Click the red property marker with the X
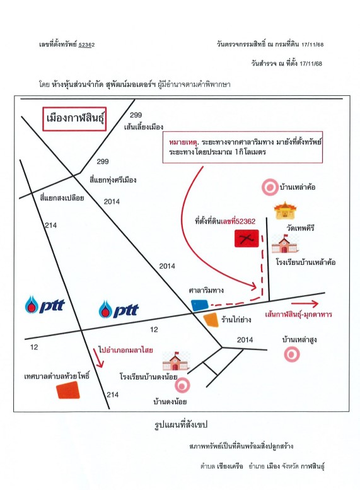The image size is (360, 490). click(x=247, y=238)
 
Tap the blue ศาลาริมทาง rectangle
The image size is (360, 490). click(x=200, y=305)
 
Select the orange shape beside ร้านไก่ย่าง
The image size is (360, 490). click(x=211, y=320)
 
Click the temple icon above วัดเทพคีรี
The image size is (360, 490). click(x=285, y=211)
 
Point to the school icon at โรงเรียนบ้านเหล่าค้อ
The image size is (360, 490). click(x=285, y=244)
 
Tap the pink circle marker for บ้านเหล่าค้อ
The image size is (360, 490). click(x=270, y=187)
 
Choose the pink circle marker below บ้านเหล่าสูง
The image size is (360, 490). click(x=292, y=354)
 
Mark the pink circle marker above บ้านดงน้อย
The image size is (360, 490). click(x=182, y=385)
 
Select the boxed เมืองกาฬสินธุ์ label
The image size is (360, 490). click(x=74, y=119)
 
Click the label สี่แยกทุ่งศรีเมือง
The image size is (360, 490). click(x=113, y=180)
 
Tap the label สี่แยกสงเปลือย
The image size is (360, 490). click(x=62, y=198)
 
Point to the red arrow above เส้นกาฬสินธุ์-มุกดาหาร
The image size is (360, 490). click(x=305, y=304)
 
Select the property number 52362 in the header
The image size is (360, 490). click(x=86, y=45)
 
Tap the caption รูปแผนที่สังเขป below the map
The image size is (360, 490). click(x=181, y=424)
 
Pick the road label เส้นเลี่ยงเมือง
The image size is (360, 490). click(x=144, y=127)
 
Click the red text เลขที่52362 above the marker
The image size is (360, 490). click(x=238, y=221)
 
